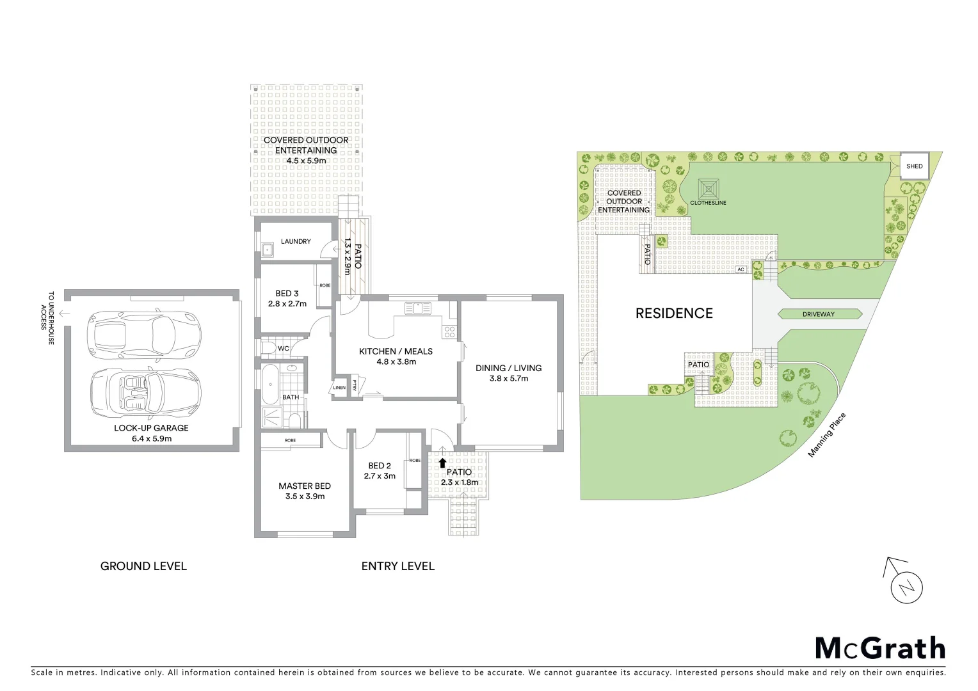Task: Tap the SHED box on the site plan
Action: click(x=915, y=166)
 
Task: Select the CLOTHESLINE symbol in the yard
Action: click(x=708, y=189)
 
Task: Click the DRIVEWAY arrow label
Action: click(x=819, y=314)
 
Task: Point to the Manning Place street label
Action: click(x=827, y=435)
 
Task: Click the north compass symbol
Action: click(x=906, y=586)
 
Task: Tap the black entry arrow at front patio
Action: click(x=442, y=462)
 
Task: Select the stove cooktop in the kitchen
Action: click(x=449, y=331)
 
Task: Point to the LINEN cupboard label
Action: click(x=339, y=388)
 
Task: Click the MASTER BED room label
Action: click(x=305, y=486)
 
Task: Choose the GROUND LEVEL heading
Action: click(x=143, y=566)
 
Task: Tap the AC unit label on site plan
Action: click(x=741, y=269)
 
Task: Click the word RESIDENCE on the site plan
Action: click(x=674, y=313)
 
